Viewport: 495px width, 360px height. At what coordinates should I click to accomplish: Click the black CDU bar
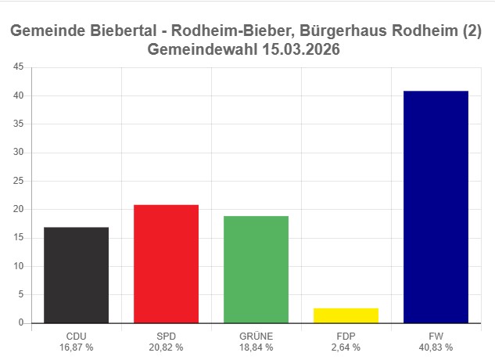click(x=76, y=275)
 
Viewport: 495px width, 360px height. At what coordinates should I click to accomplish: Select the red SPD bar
click(x=166, y=264)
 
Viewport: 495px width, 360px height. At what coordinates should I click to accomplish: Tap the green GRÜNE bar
click(x=256, y=269)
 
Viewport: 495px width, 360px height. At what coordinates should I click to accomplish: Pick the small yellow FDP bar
click(x=346, y=315)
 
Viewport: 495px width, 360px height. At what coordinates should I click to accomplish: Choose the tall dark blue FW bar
click(x=436, y=207)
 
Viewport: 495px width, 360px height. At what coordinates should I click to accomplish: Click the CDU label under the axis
click(x=77, y=336)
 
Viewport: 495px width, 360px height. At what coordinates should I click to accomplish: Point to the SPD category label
click(x=166, y=336)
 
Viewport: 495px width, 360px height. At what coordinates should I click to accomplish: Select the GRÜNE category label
click(x=256, y=336)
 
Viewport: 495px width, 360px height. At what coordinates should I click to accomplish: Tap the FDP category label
click(x=346, y=336)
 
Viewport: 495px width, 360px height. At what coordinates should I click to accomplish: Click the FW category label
click(x=436, y=336)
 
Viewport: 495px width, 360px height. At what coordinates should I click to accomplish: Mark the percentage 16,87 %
click(x=77, y=347)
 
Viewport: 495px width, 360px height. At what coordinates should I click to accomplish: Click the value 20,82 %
click(x=166, y=347)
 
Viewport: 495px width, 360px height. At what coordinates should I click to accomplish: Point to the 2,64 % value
click(x=346, y=347)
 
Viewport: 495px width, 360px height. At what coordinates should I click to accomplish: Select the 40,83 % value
click(x=436, y=347)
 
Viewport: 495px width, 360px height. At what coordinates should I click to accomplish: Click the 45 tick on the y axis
click(x=17, y=67)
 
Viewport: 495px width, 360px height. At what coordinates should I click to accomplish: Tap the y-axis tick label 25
click(x=17, y=181)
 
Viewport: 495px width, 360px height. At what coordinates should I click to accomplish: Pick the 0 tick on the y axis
click(x=20, y=322)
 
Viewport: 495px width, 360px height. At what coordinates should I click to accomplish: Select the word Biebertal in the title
click(x=122, y=32)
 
